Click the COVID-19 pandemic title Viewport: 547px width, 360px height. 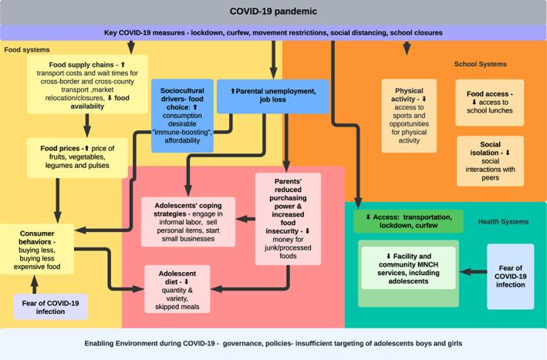pos(273,12)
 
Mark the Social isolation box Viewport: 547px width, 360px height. pos(490,161)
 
